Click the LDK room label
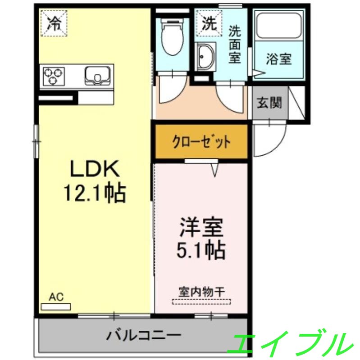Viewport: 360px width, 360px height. (x=94, y=169)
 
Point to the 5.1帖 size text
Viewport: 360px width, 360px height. (x=201, y=250)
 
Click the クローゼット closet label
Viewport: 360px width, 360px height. (x=201, y=142)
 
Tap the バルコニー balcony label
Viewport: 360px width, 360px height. (x=144, y=335)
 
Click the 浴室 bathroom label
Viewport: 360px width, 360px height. (x=278, y=59)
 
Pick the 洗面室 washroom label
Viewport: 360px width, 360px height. (x=234, y=44)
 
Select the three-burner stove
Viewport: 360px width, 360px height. (x=54, y=76)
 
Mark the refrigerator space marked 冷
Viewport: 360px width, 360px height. (x=54, y=22)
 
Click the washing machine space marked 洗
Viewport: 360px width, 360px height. (x=209, y=22)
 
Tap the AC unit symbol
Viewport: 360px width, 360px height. (x=56, y=306)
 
